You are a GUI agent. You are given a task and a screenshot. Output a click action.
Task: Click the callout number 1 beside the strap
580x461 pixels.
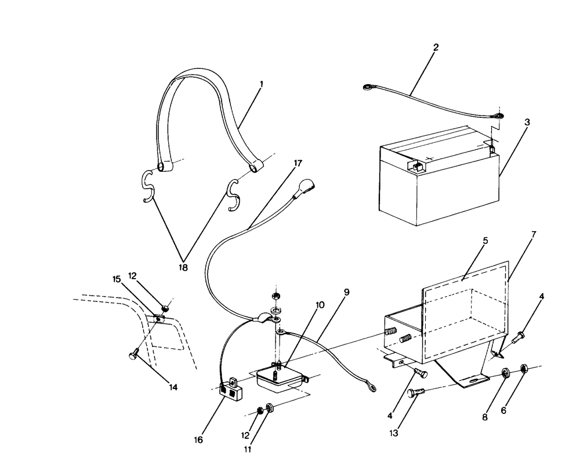tap(262, 84)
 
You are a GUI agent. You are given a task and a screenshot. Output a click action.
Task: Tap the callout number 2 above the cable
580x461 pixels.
tap(436, 47)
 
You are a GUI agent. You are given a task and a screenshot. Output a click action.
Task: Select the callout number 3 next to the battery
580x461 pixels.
tap(527, 123)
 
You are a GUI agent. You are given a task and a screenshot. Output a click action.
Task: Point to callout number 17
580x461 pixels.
tap(298, 163)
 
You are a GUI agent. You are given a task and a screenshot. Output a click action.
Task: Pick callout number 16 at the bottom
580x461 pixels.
tap(198, 440)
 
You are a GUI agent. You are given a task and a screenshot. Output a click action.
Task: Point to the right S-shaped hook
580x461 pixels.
tap(234, 195)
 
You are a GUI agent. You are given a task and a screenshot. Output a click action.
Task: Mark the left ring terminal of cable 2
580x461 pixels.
tap(367, 88)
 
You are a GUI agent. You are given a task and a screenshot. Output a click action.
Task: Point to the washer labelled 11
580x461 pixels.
tap(269, 406)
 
